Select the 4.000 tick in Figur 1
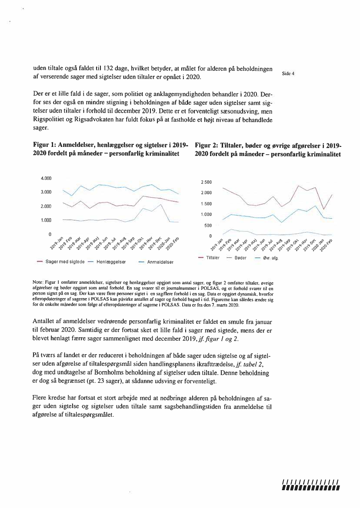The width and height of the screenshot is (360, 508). point(46,178)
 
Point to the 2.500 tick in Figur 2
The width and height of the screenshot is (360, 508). point(206,182)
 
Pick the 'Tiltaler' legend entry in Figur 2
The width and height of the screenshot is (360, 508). point(213,258)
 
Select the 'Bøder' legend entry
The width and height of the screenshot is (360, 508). point(240,258)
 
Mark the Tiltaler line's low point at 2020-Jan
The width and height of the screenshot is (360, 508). point(324,209)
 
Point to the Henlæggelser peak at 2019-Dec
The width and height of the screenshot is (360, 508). point(161,204)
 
